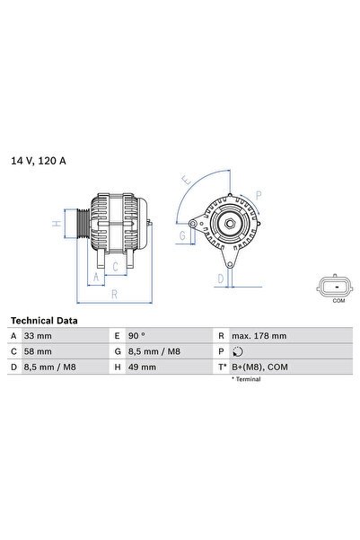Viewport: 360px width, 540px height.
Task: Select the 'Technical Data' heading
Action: [x=44, y=320]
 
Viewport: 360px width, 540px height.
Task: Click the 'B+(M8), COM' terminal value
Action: [x=259, y=367]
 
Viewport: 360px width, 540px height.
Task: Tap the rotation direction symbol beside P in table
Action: [x=235, y=351]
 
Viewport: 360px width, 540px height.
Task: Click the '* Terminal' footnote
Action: [x=245, y=380]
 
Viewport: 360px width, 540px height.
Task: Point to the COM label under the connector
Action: [x=338, y=301]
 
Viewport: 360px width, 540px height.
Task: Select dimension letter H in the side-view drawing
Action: [x=56, y=224]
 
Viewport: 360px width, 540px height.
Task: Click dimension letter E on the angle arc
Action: [x=185, y=181]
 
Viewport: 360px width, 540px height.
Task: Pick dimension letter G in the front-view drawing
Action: [x=182, y=236]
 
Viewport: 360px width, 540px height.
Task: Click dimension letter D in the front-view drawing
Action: [x=220, y=279]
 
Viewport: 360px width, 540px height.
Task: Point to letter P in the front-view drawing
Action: [x=259, y=193]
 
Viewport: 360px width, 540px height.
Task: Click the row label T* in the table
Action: [x=222, y=367]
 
